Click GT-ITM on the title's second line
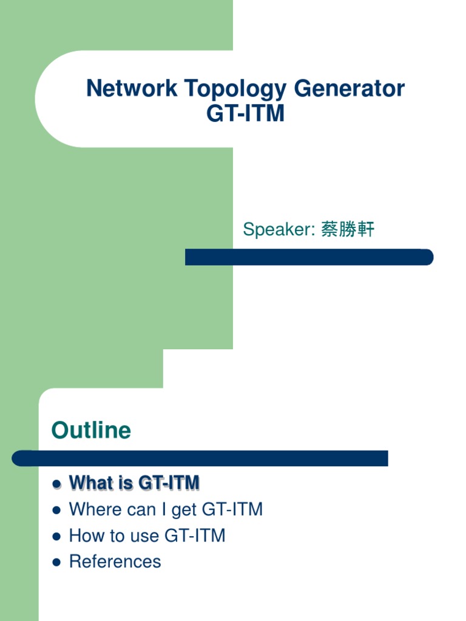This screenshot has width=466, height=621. [245, 113]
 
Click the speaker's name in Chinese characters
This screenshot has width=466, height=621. [348, 230]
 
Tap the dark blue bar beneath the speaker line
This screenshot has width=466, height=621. [309, 257]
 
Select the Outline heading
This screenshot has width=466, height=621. [91, 431]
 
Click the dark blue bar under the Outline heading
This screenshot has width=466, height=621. [200, 458]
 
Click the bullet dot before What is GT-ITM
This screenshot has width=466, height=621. [56, 484]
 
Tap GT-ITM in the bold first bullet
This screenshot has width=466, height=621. [169, 483]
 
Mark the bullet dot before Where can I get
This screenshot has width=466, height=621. [56, 511]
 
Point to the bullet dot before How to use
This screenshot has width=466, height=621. [56, 537]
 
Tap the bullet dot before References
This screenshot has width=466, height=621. [56, 563]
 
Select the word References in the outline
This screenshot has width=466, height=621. [115, 562]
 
